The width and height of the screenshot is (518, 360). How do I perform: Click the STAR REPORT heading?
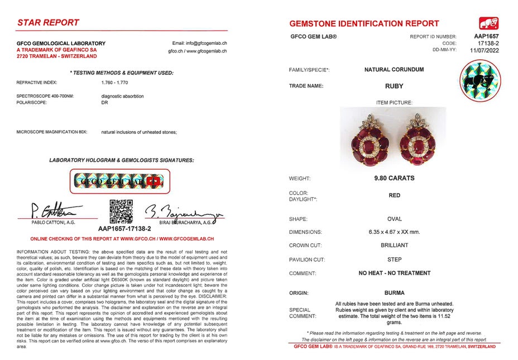pyautogui.click(x=49, y=23)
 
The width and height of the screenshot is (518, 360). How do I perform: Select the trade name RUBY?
pyautogui.click(x=394, y=86)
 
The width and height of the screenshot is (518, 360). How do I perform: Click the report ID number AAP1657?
pyautogui.click(x=487, y=36)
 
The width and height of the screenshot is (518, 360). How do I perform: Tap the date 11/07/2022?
pyautogui.click(x=484, y=50)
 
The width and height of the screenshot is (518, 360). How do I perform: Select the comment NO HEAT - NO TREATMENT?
pyautogui.click(x=394, y=273)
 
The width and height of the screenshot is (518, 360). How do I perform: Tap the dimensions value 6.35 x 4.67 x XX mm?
pyautogui.click(x=394, y=232)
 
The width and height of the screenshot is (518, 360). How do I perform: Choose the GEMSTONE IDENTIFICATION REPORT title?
pyautogui.click(x=364, y=23)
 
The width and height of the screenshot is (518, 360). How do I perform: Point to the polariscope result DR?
pyautogui.click(x=104, y=103)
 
